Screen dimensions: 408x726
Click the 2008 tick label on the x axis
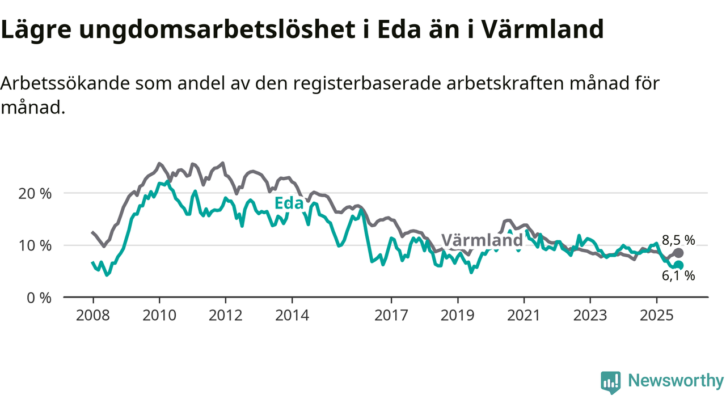pyautogui.click(x=93, y=315)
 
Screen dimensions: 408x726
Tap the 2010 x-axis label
pyautogui.click(x=159, y=315)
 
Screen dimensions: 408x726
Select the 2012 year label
pyautogui.click(x=226, y=315)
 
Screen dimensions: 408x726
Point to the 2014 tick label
pyautogui.click(x=292, y=315)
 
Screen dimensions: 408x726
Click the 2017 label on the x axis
pyautogui.click(x=391, y=315)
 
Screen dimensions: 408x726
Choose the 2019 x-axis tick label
pyautogui.click(x=458, y=315)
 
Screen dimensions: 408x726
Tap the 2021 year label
pyautogui.click(x=524, y=315)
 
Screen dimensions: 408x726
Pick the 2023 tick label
pyautogui.click(x=590, y=315)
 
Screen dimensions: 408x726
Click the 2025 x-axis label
pyautogui.click(x=657, y=315)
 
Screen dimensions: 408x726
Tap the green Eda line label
pyautogui.click(x=288, y=203)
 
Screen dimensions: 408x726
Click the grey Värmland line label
pyautogui.click(x=482, y=240)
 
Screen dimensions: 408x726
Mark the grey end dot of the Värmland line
pyautogui.click(x=678, y=253)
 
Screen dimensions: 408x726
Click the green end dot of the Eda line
pyautogui.click(x=678, y=265)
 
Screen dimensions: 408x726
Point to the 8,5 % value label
pyautogui.click(x=678, y=240)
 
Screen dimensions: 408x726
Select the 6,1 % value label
pyautogui.click(x=678, y=277)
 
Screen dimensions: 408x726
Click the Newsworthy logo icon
pyautogui.click(x=610, y=382)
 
